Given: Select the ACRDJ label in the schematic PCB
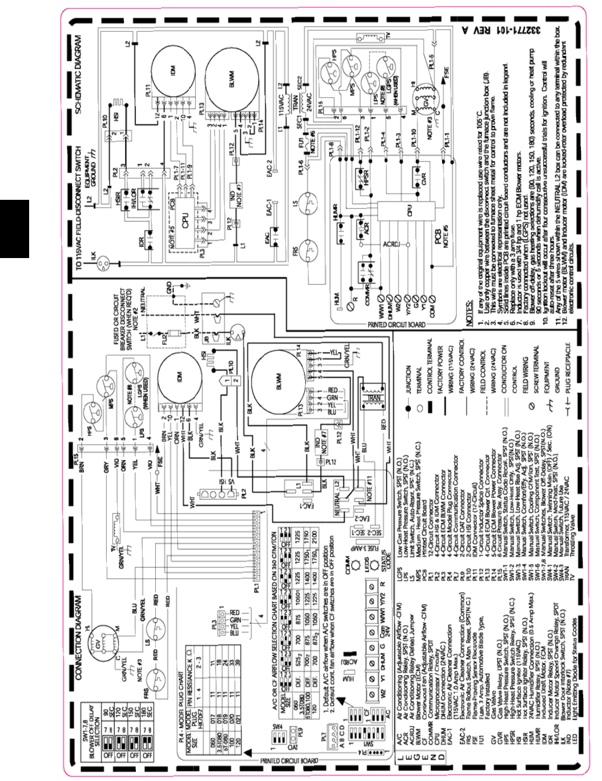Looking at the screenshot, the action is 391,244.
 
